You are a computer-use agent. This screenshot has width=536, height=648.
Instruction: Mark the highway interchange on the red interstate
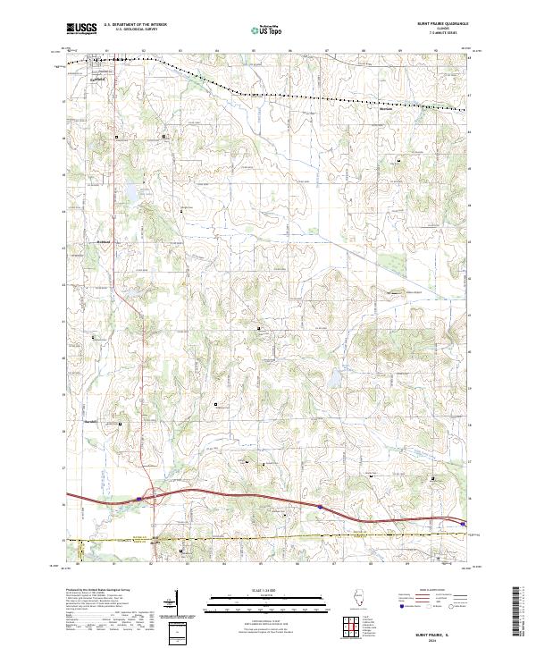coord(148,494)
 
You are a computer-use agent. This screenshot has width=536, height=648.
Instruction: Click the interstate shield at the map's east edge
coord(464,525)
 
